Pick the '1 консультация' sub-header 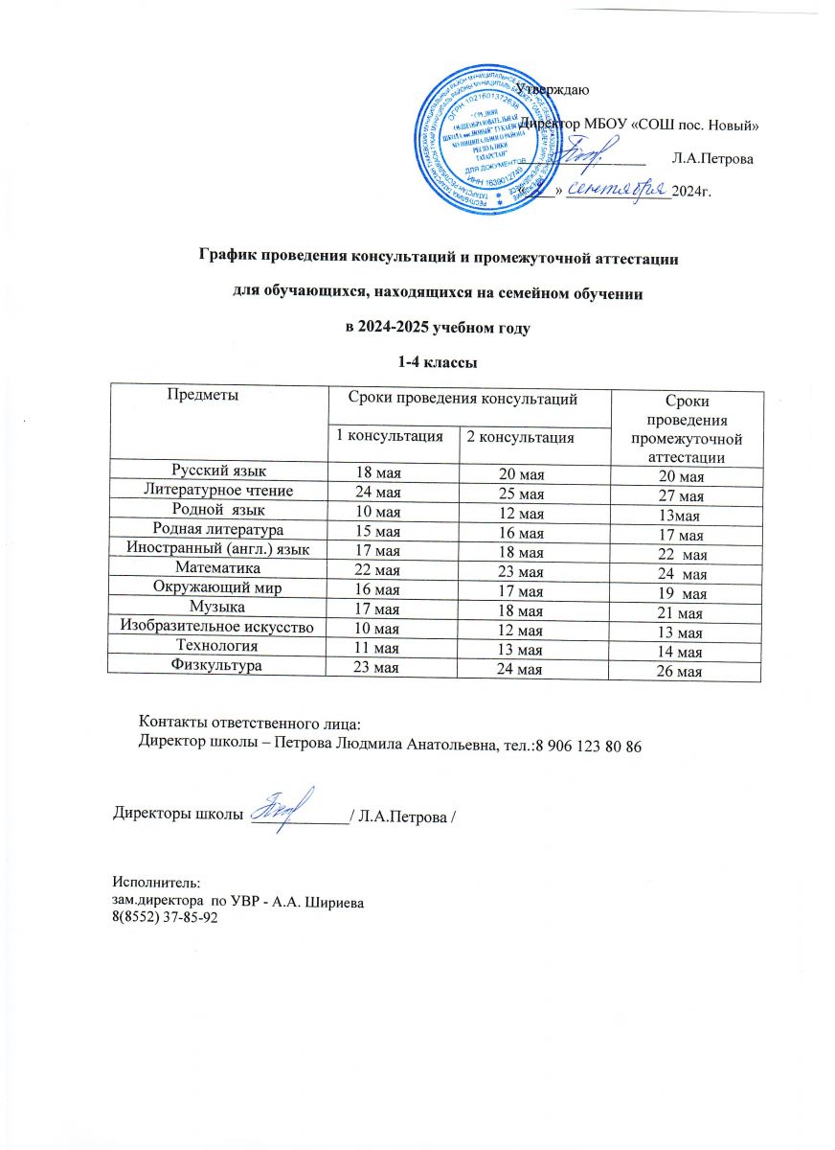click(x=391, y=437)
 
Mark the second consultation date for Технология click(x=520, y=651)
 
